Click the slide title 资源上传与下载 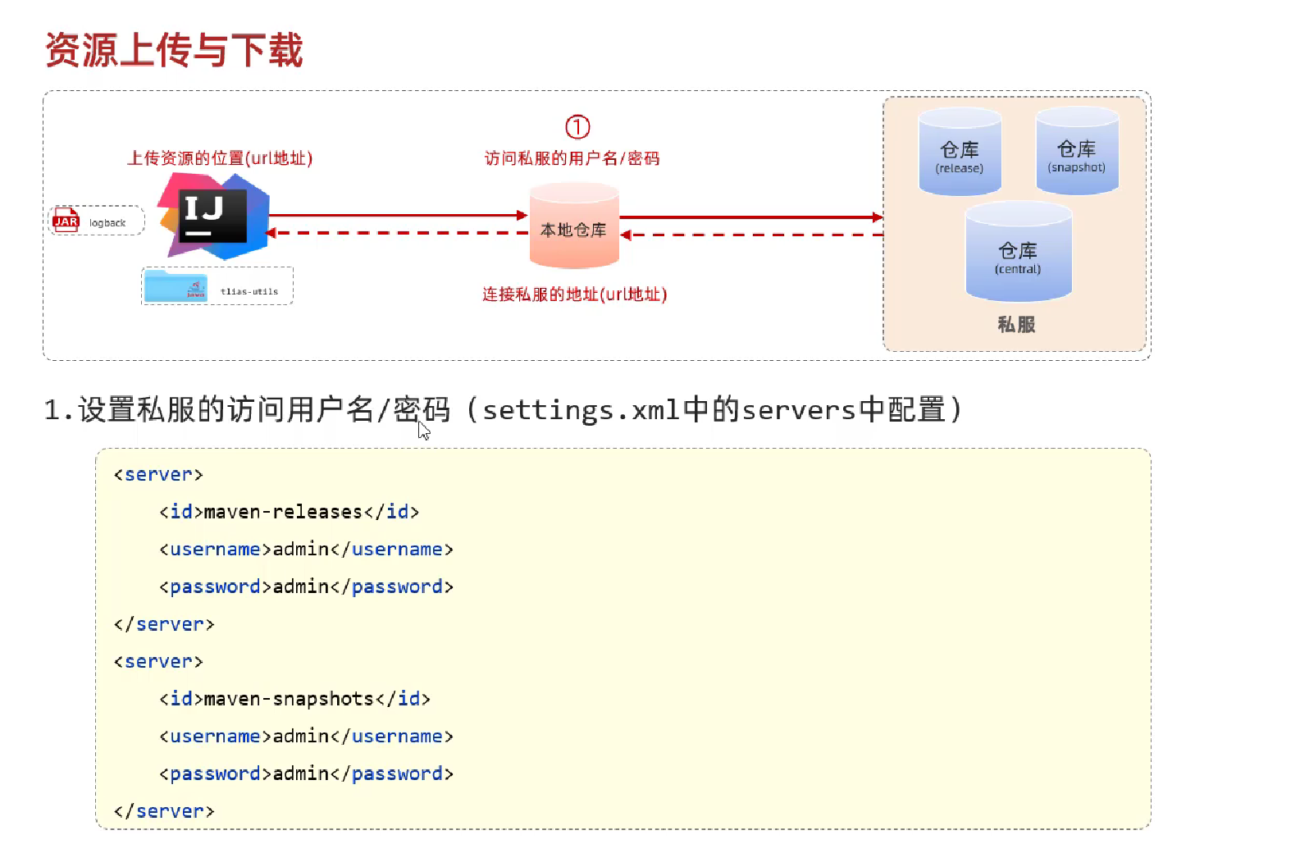pos(174,50)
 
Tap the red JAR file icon pos(66,221)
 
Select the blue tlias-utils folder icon pos(176,286)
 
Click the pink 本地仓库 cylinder pos(573,227)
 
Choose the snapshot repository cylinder pos(1077,152)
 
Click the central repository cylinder pos(1018,253)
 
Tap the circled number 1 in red pos(577,127)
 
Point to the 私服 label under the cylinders pos(1016,325)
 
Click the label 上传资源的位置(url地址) pos(220,158)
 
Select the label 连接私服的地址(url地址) pos(574,294)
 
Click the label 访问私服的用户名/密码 pos(572,158)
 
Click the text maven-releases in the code pos(283,512)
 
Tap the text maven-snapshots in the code pos(289,699)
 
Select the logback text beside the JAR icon pos(107,223)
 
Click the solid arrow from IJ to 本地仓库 pos(398,216)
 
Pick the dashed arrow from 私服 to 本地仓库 pos(750,235)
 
